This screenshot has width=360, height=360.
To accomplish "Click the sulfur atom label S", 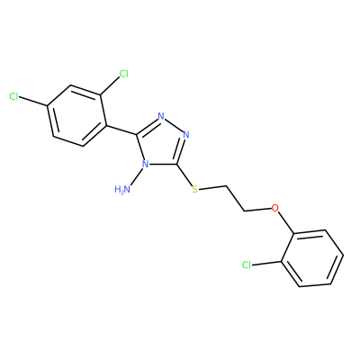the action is [195, 189].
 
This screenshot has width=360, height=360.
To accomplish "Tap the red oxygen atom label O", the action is [274, 207].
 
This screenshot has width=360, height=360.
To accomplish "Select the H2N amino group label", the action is [122, 190].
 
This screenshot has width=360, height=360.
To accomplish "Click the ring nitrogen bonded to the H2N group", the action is [145, 165].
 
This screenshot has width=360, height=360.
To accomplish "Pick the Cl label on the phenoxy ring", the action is [247, 265].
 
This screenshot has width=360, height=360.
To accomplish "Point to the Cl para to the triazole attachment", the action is [14, 96].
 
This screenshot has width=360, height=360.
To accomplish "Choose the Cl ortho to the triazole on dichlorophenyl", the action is [123, 74].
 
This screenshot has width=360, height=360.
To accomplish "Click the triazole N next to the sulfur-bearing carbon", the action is [186, 134].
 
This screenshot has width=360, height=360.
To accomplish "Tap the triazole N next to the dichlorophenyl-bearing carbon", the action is [161, 116].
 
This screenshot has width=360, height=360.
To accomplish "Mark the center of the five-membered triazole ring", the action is [162, 142].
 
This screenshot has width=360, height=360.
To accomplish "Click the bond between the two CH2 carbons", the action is [236, 199].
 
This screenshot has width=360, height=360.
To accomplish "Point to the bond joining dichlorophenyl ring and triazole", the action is [122, 130].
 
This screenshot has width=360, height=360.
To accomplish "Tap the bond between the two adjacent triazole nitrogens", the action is [174, 125].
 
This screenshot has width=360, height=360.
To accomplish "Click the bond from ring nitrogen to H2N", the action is [137, 176].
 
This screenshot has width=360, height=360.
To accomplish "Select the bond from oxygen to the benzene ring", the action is [285, 222].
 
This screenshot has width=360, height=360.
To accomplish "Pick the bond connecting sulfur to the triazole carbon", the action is [185, 175].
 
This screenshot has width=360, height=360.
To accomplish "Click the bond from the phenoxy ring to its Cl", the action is [266, 263].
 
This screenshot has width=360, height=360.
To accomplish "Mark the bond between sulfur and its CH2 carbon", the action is [212, 188].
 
